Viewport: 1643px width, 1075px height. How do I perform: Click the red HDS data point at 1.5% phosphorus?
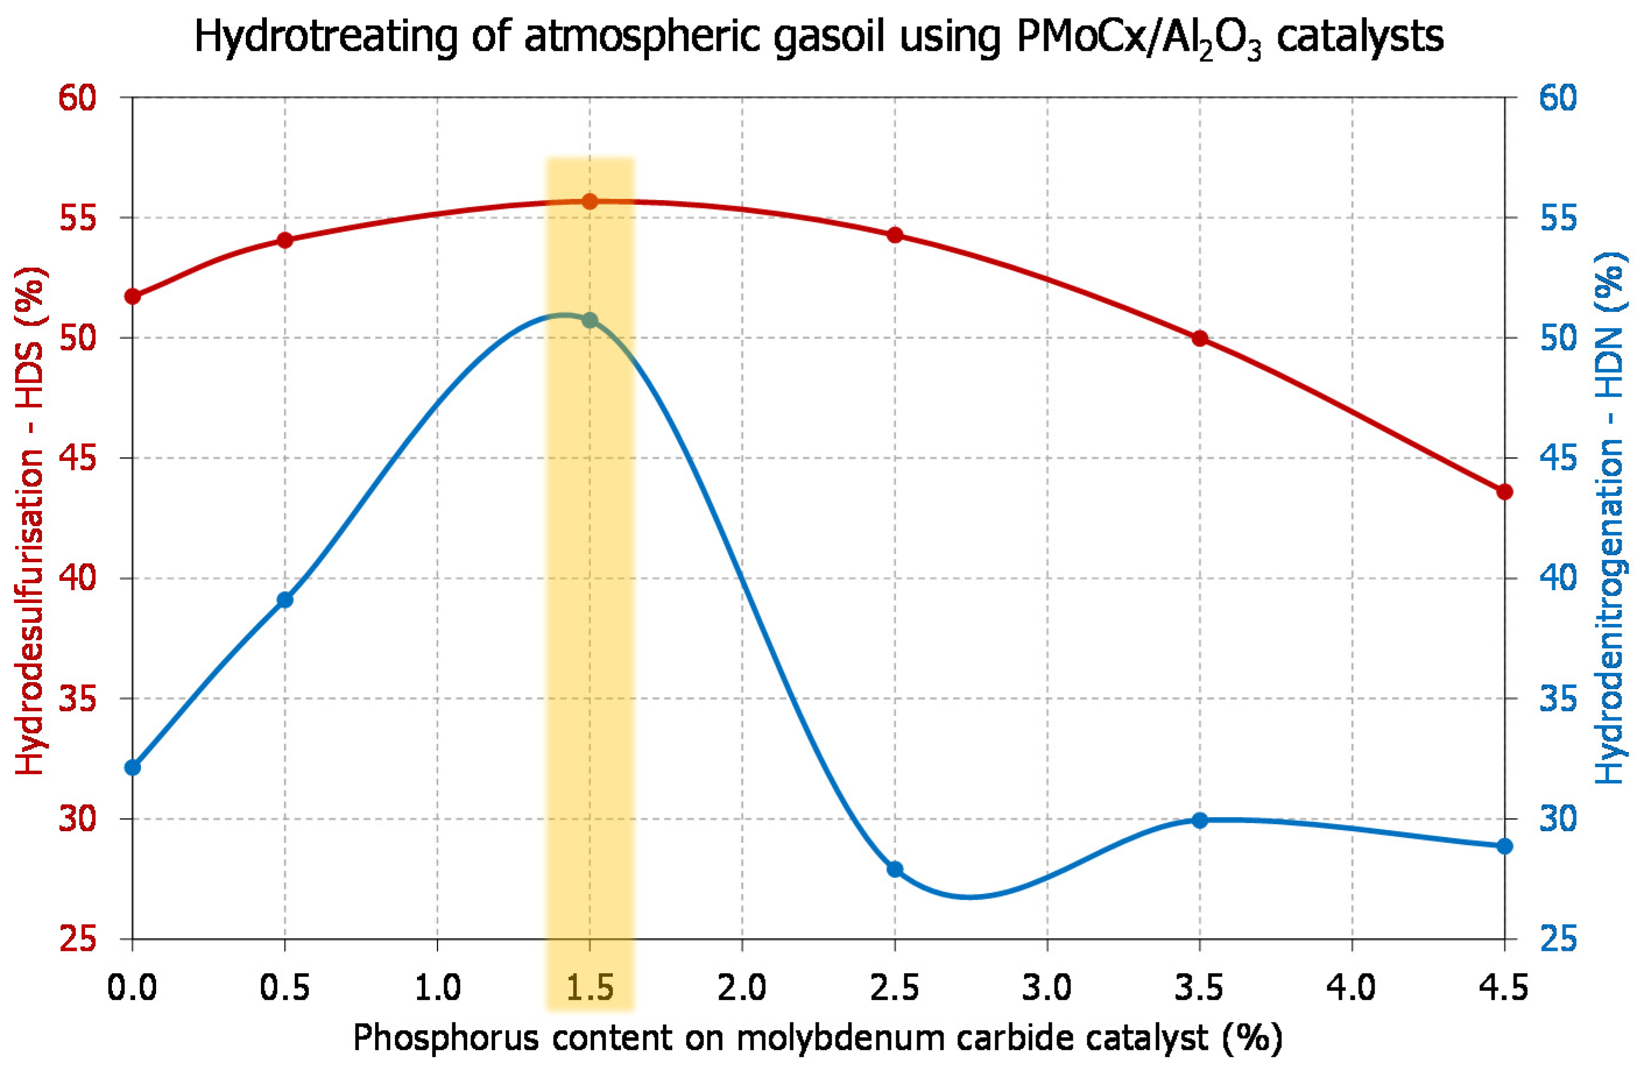tap(589, 201)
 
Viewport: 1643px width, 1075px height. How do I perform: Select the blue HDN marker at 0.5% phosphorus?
tap(285, 599)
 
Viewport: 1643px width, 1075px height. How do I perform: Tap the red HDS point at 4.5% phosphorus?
tap(1504, 492)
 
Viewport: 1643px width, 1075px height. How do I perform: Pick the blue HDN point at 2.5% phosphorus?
tap(895, 869)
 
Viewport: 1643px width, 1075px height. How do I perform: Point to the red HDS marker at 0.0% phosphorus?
tap(133, 297)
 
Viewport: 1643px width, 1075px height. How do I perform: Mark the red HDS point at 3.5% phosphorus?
tap(1200, 338)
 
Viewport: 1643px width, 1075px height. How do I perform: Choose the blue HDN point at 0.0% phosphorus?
tap(133, 768)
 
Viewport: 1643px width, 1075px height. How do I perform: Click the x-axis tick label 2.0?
tap(742, 989)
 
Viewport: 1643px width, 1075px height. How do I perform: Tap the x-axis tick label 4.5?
tap(1504, 989)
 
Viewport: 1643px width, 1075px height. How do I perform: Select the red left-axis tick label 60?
tap(77, 98)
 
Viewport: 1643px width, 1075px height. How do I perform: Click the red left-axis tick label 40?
tap(77, 578)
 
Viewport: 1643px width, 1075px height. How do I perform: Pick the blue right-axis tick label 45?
tap(1559, 458)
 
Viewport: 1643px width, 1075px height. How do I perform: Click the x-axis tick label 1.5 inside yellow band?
tap(589, 989)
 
